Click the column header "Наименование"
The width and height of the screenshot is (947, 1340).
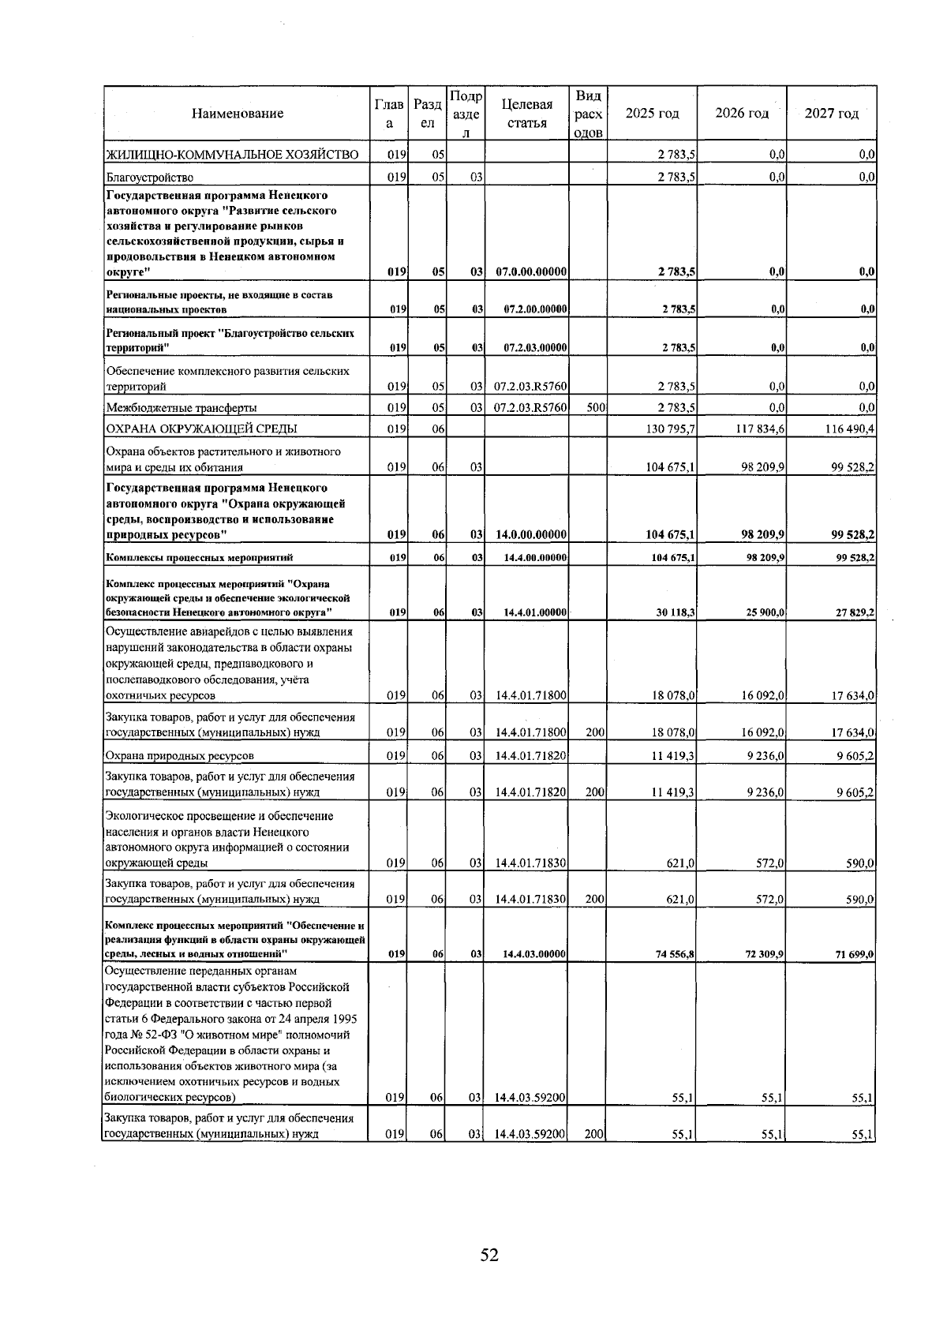pos(237,114)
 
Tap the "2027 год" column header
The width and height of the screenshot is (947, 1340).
pos(831,114)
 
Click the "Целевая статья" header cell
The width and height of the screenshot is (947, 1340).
pos(526,114)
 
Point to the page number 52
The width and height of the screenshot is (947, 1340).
pos(489,1255)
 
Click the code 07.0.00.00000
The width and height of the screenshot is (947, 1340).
pos(531,272)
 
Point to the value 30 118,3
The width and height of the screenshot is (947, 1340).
pos(673,612)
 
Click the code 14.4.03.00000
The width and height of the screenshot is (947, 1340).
pos(534,954)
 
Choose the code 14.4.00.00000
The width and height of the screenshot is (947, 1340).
pos(534,558)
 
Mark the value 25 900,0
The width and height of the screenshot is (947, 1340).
pos(763,612)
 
